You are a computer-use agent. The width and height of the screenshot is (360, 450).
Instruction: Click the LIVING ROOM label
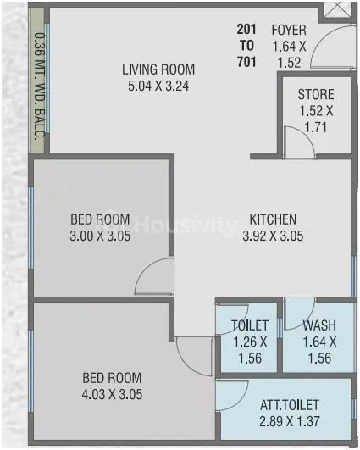point(158,69)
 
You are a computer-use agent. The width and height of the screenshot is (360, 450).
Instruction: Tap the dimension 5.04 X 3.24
point(158,86)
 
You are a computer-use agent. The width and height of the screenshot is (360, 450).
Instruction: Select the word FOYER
point(289,31)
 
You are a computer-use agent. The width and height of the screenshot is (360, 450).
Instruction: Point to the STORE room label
point(316,94)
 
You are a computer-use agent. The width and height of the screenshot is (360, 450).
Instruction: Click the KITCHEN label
point(273,219)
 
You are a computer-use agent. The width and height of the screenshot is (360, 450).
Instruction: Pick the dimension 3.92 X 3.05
point(273,236)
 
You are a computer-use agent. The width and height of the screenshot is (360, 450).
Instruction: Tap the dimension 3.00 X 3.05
point(100,236)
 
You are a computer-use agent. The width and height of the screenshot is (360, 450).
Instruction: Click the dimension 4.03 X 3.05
point(112,394)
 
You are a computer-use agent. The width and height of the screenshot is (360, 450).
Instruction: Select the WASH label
point(319,325)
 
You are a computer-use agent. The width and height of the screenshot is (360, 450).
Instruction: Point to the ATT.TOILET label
point(290,405)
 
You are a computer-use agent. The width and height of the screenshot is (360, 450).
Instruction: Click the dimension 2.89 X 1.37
point(290,421)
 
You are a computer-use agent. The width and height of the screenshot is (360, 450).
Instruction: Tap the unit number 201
point(246,30)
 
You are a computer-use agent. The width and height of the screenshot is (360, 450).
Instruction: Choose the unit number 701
point(246,62)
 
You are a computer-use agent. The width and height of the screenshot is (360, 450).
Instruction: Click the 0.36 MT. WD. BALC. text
point(40,86)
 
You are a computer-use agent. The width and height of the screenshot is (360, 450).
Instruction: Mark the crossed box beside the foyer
point(336,10)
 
